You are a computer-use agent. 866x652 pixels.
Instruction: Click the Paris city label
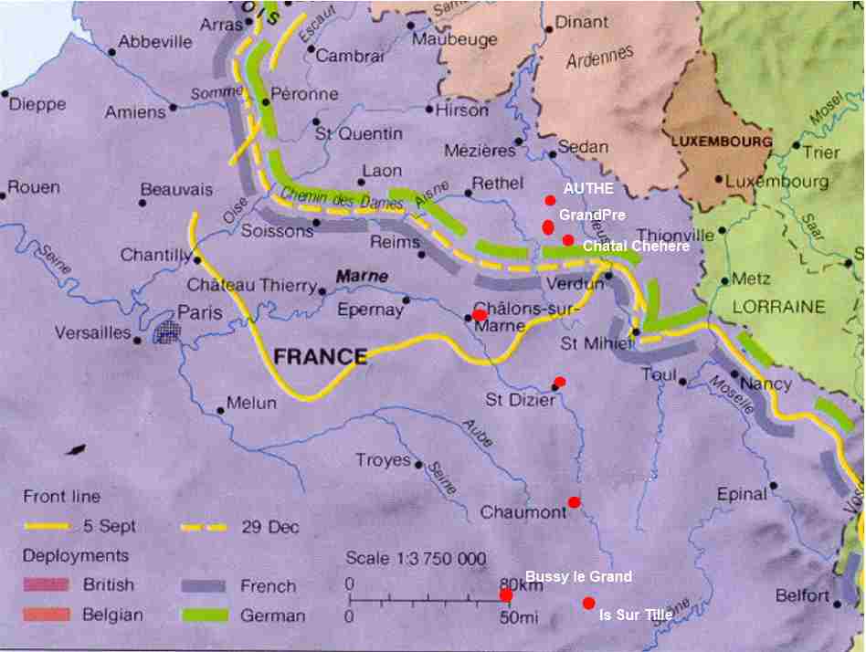click(199, 312)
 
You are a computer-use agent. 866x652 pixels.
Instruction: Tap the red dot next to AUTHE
click(550, 201)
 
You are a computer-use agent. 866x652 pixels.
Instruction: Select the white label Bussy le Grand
click(578, 576)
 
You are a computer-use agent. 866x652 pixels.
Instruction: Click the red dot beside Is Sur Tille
click(589, 603)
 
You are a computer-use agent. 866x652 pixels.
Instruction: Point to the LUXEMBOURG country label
click(722, 142)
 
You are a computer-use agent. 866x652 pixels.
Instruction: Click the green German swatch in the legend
click(205, 615)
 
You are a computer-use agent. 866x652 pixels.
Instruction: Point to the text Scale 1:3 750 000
click(416, 559)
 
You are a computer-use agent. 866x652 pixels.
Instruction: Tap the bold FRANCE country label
click(321, 356)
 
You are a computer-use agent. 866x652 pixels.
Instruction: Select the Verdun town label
click(575, 284)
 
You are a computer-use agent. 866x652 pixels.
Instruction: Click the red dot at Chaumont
click(574, 502)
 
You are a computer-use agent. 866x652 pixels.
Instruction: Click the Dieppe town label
click(37, 104)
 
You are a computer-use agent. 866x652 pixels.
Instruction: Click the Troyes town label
click(383, 460)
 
